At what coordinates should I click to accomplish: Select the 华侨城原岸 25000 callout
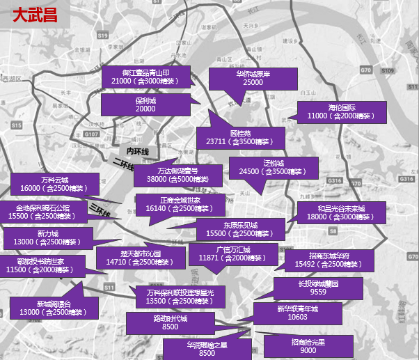coord(253,78)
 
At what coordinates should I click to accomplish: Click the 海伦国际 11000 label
coord(342,111)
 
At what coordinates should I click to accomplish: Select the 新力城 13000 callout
coord(48,237)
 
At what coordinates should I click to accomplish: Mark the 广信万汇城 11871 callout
coord(233,253)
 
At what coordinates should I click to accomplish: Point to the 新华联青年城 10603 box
coord(297,313)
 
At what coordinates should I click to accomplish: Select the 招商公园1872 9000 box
coord(308,346)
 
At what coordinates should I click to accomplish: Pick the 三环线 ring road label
coord(100,208)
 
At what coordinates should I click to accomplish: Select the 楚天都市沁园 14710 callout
coord(140,258)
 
